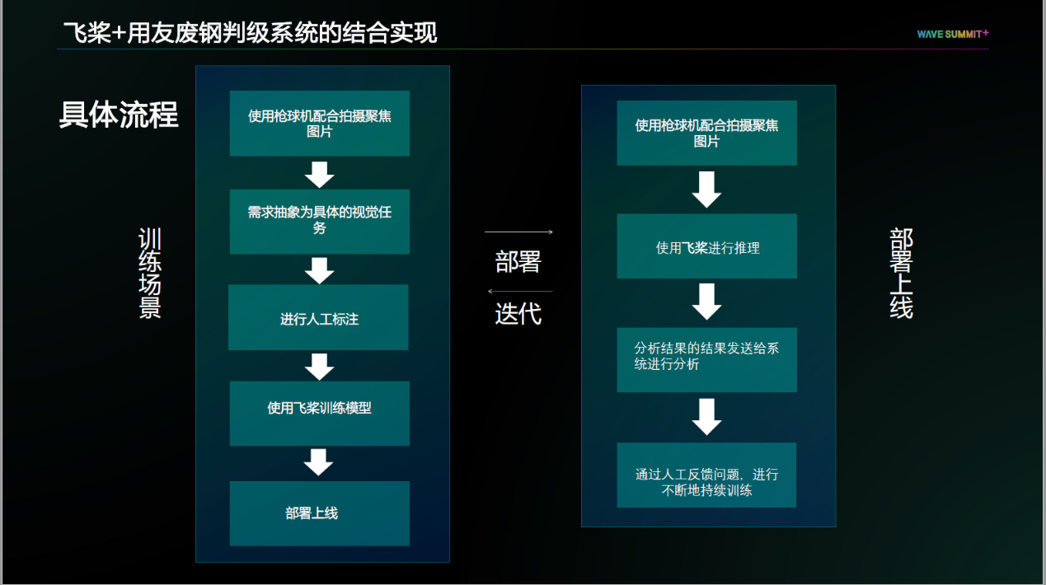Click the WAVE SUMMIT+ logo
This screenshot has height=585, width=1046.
click(x=952, y=34)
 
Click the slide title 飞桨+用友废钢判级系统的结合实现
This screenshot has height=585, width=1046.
click(x=250, y=33)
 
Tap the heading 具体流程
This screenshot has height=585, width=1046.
click(x=119, y=115)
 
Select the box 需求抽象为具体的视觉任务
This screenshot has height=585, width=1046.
click(x=319, y=221)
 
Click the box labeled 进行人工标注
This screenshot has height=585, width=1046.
click(x=318, y=318)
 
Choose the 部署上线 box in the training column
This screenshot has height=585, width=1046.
click(x=319, y=513)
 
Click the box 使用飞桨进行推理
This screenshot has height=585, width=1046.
click(x=706, y=246)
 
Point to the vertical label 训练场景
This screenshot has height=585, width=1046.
click(x=150, y=274)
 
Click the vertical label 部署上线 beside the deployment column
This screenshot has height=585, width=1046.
click(x=901, y=274)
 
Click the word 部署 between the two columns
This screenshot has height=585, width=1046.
click(x=518, y=262)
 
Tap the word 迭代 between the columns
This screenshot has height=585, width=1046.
click(x=518, y=314)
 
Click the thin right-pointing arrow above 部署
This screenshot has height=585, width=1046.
click(x=518, y=232)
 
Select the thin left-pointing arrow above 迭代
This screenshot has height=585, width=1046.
click(x=519, y=291)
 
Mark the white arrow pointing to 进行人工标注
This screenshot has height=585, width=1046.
click(x=319, y=270)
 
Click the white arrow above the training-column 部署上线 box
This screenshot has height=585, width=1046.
click(x=318, y=462)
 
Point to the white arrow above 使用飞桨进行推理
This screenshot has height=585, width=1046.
click(x=706, y=190)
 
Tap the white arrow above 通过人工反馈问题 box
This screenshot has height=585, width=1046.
click(x=706, y=416)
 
